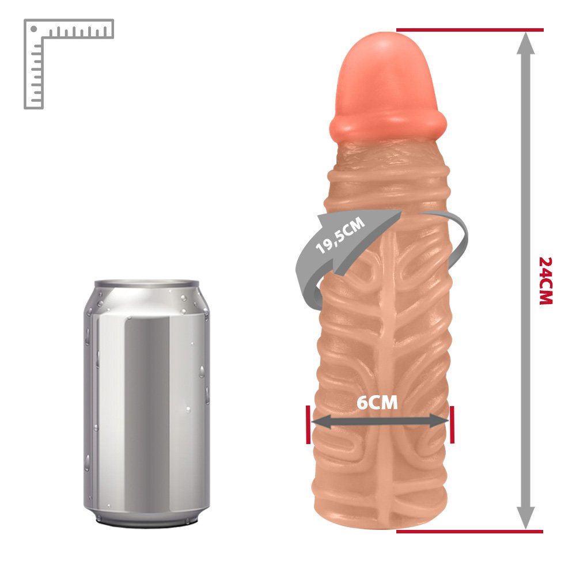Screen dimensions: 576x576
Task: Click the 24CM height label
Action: [546, 281]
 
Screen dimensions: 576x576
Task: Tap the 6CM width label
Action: [377, 403]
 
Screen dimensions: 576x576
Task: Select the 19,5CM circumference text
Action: [340, 235]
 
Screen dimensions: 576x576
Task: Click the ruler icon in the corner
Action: [69, 64]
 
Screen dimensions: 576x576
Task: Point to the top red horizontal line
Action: [469, 30]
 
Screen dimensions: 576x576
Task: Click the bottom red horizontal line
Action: [469, 531]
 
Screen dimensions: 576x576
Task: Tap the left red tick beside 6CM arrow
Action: [308, 425]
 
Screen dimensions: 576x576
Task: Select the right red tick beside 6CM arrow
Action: [452, 425]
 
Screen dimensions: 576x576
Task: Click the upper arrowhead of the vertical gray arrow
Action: [526, 43]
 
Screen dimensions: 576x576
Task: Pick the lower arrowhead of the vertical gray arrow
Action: [526, 518]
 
